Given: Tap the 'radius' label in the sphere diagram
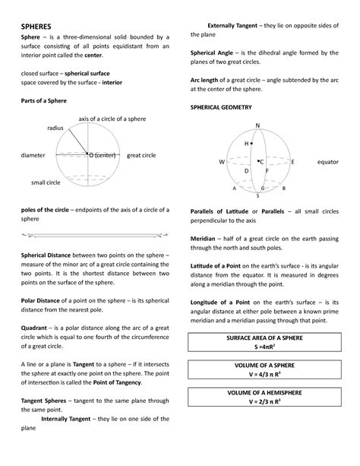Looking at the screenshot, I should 56,129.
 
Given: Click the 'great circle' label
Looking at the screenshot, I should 141,155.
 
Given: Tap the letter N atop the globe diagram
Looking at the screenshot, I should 257,125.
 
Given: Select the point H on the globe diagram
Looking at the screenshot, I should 246,143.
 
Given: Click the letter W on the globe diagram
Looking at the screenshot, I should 222,162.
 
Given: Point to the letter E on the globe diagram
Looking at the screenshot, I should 292,162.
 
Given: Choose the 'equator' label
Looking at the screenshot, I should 327,162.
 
